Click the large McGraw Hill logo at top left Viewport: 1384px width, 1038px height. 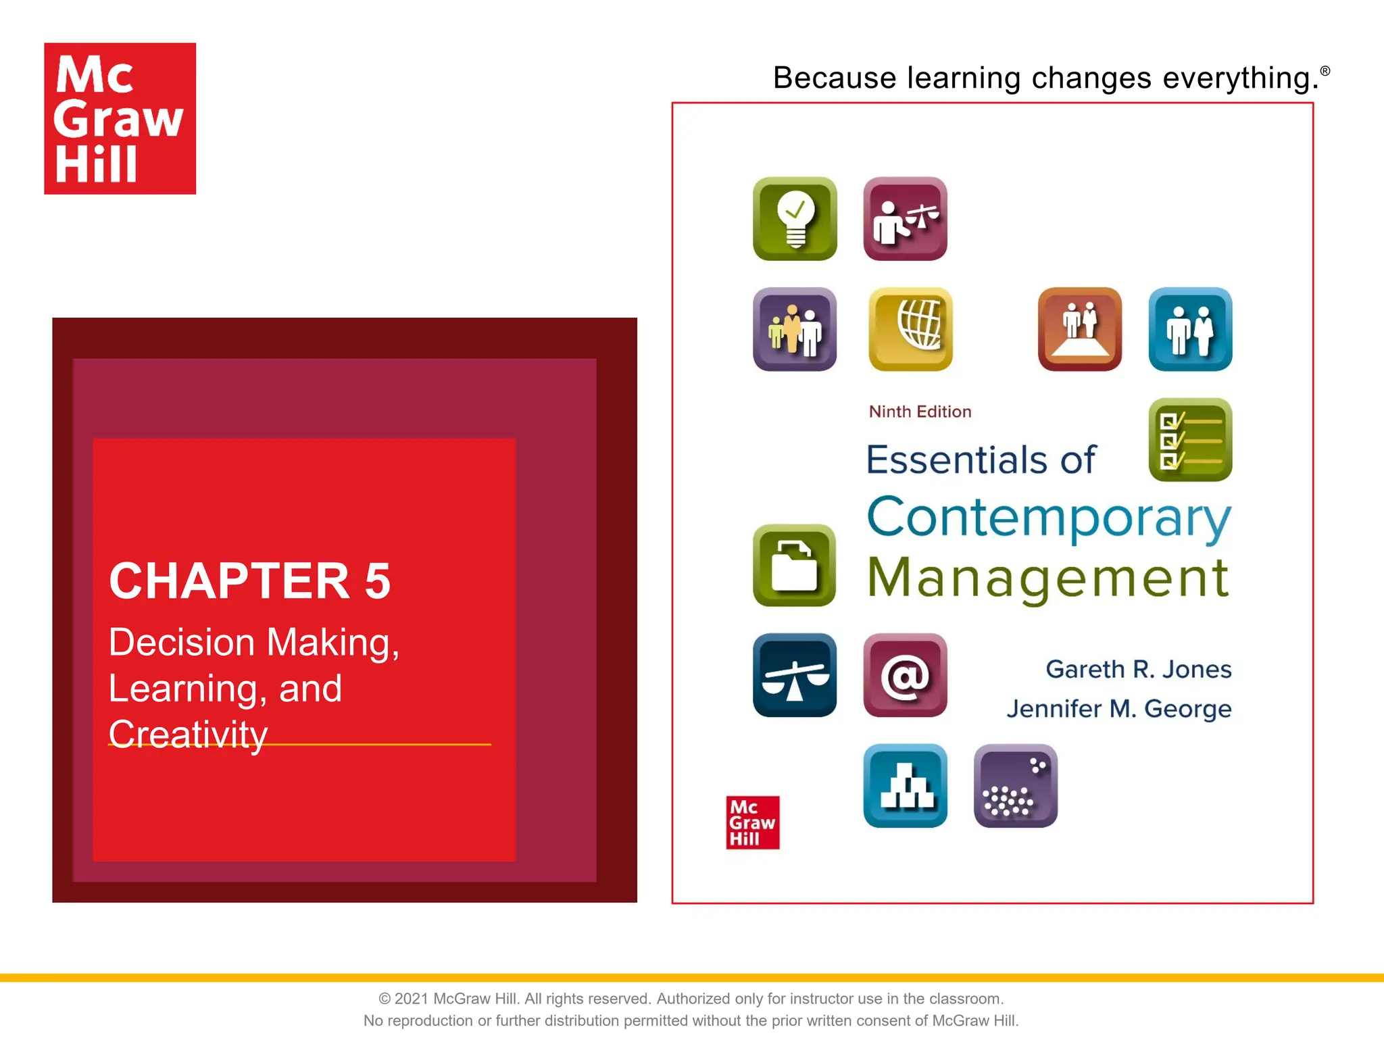click(120, 119)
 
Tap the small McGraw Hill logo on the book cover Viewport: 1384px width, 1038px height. click(752, 822)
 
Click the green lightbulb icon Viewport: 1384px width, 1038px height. click(795, 218)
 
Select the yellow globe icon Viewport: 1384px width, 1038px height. click(910, 329)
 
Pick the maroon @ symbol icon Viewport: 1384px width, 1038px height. click(905, 675)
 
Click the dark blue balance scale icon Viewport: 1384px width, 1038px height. click(795, 675)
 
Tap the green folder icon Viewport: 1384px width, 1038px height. click(795, 565)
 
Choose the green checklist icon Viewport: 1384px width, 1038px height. click(1190, 440)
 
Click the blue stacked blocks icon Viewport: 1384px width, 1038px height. click(905, 785)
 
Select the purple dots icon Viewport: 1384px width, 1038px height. click(1015, 785)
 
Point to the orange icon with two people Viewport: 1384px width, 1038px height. click(1079, 329)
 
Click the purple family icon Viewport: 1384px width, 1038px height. click(795, 329)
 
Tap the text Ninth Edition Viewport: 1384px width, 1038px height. click(920, 412)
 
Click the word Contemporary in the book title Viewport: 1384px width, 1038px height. click(1048, 518)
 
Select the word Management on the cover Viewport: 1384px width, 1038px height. click(1047, 578)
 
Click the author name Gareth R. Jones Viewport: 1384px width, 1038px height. click(1138, 669)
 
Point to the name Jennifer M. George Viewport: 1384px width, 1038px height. click(1118, 709)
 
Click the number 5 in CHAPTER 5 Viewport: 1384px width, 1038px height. click(378, 581)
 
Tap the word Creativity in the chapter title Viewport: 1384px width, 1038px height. click(188, 734)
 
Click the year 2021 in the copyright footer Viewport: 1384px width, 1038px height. click(411, 999)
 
